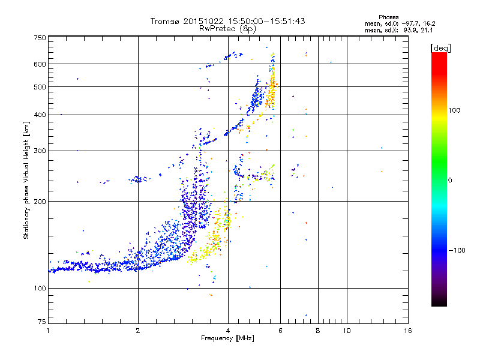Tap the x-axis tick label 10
pos(346,331)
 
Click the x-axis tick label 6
pos(281,331)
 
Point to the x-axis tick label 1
pos(48,331)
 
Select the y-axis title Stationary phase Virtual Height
pos(26,180)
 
